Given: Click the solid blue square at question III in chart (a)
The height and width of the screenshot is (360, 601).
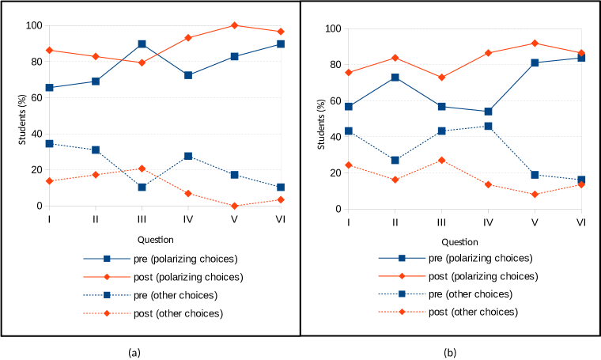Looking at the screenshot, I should (x=142, y=44).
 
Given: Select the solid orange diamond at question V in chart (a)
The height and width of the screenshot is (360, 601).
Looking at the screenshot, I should (x=234, y=25).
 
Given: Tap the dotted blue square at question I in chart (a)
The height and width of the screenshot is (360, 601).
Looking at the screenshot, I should (x=49, y=144).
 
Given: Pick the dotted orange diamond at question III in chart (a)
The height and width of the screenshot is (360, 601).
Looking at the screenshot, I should (x=142, y=169).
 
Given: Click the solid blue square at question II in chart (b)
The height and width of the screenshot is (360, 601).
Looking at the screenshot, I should (x=395, y=78).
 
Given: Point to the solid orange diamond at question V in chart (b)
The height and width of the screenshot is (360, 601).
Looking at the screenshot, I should (x=535, y=43).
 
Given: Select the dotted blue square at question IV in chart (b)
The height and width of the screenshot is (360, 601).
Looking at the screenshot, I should (x=488, y=126).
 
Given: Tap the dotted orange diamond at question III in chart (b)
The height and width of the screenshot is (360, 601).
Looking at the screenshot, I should (x=441, y=160).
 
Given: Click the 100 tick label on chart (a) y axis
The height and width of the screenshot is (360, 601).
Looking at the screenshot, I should (x=32, y=25).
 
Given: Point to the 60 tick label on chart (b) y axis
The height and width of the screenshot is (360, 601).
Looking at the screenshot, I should (x=335, y=100).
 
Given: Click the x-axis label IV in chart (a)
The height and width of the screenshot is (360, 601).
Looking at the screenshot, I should (x=187, y=218).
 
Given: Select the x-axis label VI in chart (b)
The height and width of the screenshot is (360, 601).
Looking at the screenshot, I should (x=580, y=221).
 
